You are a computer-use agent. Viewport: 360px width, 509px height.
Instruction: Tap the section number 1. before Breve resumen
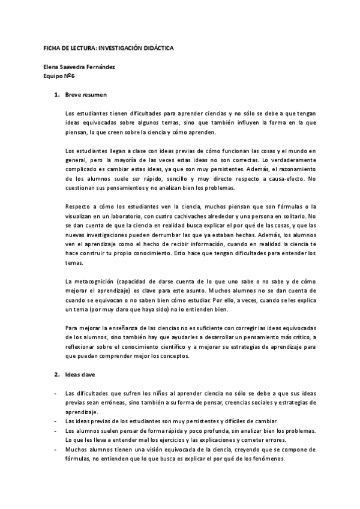[x=57, y=95]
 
